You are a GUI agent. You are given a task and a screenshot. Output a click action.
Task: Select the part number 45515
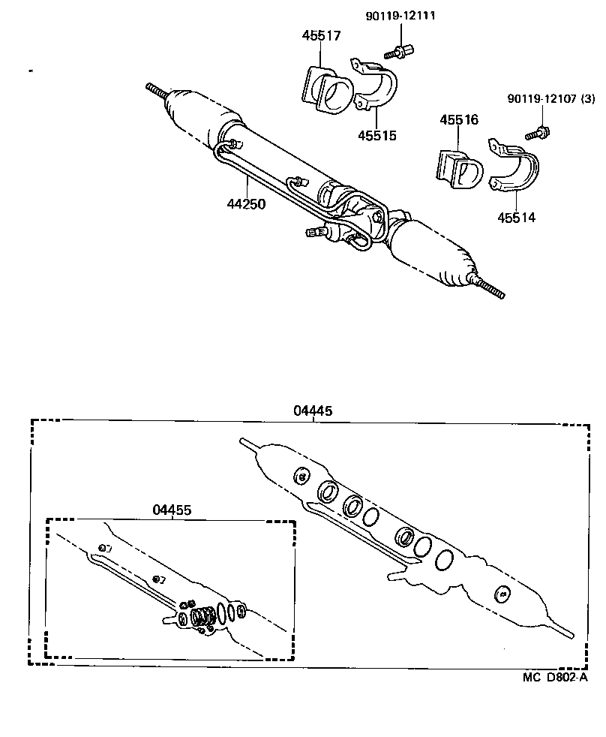click(x=376, y=136)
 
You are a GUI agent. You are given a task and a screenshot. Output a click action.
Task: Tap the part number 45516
click(x=459, y=120)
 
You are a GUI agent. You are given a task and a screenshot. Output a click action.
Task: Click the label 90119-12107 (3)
click(x=551, y=98)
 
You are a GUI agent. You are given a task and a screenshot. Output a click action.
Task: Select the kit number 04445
click(x=313, y=411)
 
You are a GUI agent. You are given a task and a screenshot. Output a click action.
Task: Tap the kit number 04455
click(x=172, y=509)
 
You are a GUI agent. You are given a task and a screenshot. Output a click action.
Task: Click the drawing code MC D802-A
click(x=555, y=676)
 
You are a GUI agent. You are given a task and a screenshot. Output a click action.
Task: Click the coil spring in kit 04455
click(x=202, y=617)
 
